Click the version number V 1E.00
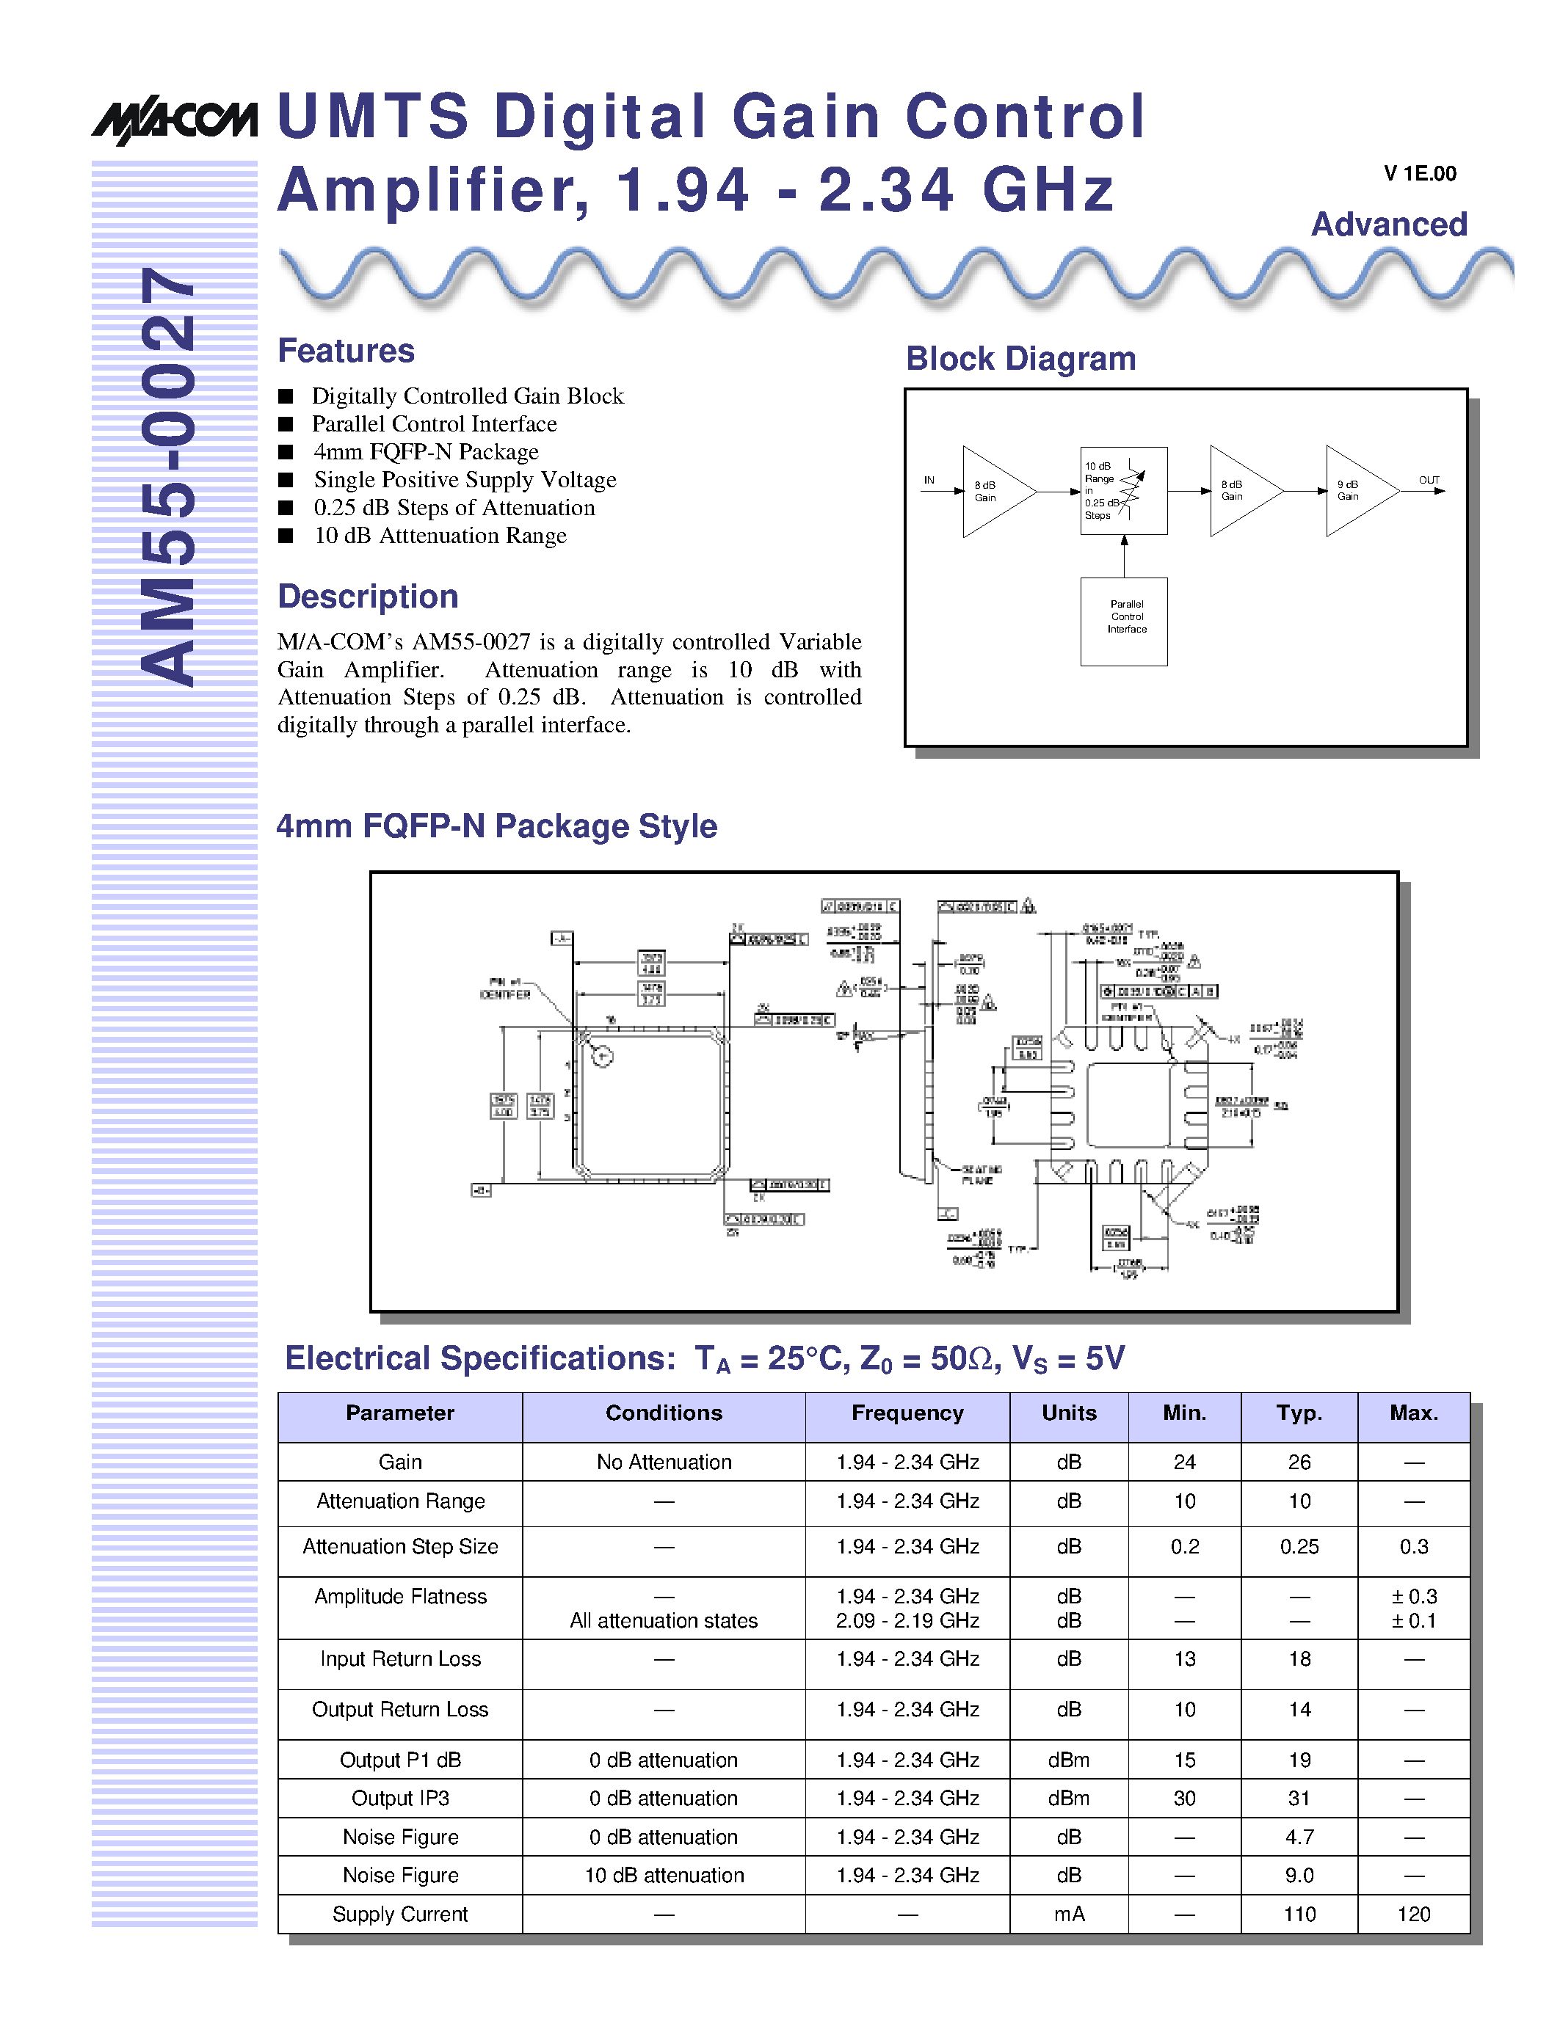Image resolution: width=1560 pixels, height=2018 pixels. (x=1420, y=174)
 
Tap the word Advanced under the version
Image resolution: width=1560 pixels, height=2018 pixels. (x=1389, y=225)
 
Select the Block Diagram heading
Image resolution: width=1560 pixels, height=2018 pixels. (x=1020, y=359)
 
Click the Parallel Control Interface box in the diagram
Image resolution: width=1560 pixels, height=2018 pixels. (x=1124, y=621)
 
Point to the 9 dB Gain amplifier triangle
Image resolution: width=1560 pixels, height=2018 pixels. (x=1356, y=491)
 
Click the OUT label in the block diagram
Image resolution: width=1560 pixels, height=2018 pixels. (x=1429, y=481)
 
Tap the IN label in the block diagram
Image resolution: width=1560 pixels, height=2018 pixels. (x=929, y=481)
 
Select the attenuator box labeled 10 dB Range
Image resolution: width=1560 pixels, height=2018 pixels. (x=1123, y=491)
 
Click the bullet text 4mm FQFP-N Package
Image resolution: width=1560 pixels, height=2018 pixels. (x=425, y=452)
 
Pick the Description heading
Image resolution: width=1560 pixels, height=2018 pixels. (x=368, y=597)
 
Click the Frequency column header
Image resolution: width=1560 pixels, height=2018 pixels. (x=907, y=1413)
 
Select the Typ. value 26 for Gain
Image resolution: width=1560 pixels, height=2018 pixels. (x=1299, y=1462)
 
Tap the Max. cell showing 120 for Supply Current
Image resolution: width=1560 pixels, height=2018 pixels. (x=1413, y=1914)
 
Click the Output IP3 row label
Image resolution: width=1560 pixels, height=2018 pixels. (x=400, y=1798)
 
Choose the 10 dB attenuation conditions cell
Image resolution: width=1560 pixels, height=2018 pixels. (x=664, y=1875)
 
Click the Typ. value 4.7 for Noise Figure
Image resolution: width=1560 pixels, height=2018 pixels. (x=1299, y=1837)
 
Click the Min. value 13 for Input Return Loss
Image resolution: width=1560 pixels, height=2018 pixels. (x=1184, y=1658)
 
